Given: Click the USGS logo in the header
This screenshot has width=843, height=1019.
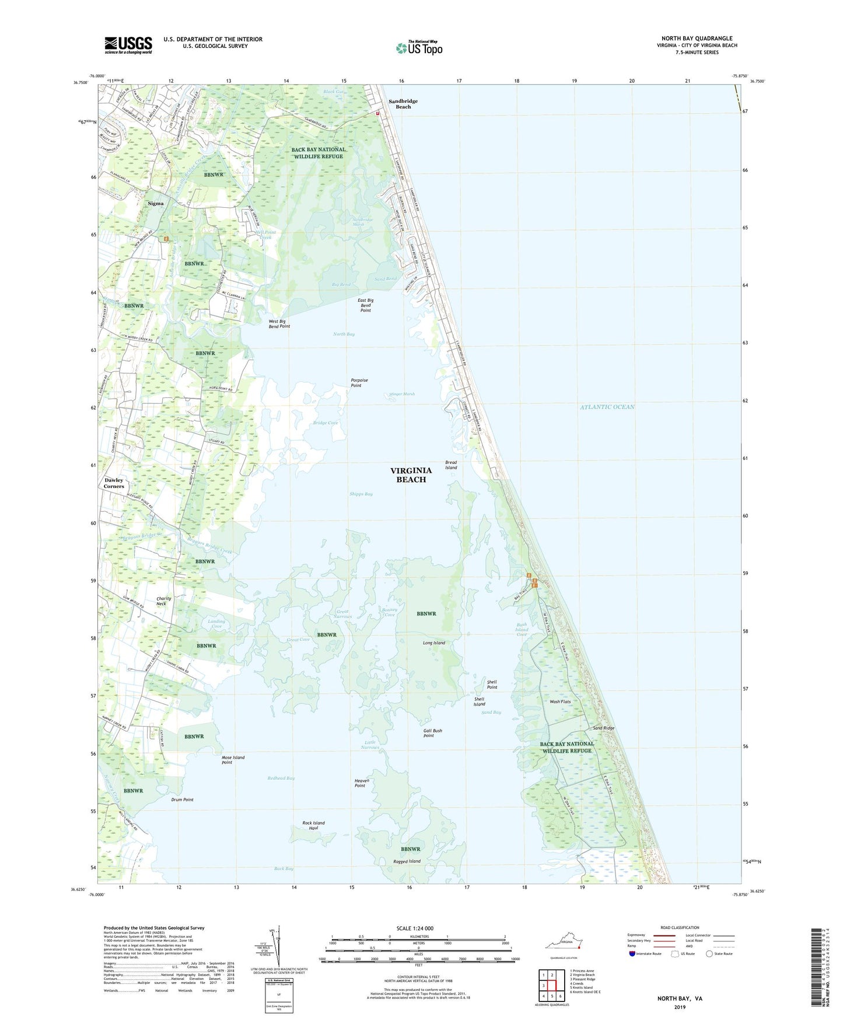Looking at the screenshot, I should [x=128, y=44].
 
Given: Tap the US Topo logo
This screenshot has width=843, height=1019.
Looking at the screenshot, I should [x=418, y=48].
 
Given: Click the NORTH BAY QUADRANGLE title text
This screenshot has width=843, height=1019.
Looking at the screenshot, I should [x=697, y=39].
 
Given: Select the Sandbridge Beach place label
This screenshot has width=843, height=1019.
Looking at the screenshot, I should [x=403, y=104].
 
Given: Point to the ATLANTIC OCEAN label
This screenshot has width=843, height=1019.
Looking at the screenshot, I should [x=607, y=407].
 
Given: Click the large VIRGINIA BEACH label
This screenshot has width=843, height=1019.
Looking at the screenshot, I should [x=411, y=474].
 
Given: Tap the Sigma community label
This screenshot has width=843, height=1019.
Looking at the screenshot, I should [x=155, y=203].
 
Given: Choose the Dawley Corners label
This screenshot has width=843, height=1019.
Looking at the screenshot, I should [x=114, y=483].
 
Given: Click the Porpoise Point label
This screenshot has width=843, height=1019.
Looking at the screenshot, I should [x=359, y=383].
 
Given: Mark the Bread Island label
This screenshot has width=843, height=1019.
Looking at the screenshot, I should [x=451, y=465].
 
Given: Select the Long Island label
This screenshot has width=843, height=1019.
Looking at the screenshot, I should [x=433, y=643].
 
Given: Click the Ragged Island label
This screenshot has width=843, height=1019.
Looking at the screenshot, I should [x=407, y=861].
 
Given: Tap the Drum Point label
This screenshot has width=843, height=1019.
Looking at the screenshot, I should [x=183, y=800].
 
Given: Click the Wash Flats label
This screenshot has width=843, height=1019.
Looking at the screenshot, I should [x=560, y=702].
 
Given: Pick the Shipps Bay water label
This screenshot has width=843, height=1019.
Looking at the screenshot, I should [x=361, y=494].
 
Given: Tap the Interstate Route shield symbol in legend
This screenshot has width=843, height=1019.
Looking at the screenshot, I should [x=632, y=954].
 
